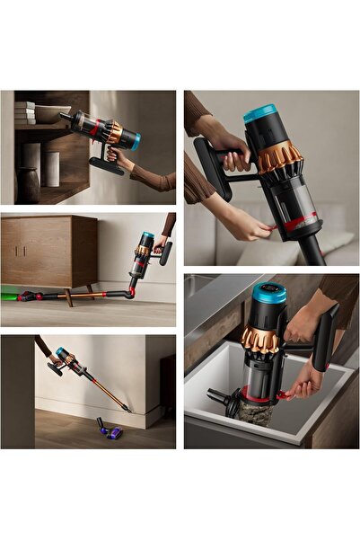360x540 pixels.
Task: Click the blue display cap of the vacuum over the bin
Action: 269,294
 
